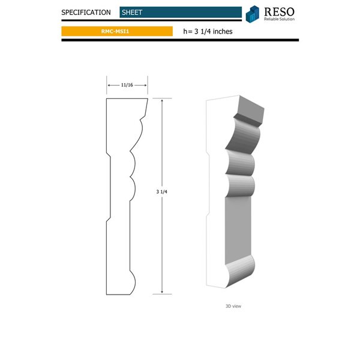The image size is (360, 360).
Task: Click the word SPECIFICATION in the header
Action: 86,12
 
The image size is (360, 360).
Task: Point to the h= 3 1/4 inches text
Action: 208,31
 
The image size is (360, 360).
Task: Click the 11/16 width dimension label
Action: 127,86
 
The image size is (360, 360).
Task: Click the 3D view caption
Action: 233,306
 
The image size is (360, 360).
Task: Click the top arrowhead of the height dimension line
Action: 162,101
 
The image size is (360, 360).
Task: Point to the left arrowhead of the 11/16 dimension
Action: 109,86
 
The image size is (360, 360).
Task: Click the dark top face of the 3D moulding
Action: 251,108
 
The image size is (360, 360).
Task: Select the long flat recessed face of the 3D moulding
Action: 238,225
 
